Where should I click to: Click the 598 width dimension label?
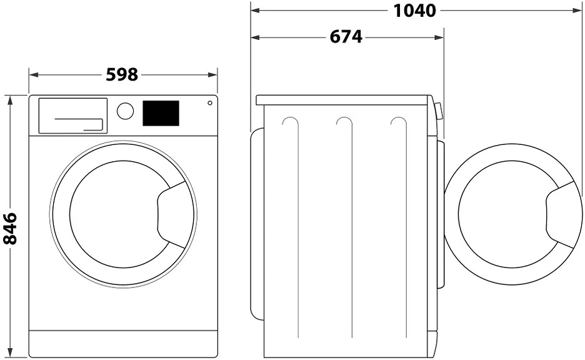[x=122, y=75]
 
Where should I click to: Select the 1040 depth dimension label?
[x=415, y=11]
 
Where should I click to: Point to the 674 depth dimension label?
[x=346, y=37]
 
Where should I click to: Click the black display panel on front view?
[x=161, y=113]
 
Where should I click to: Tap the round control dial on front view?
[x=126, y=111]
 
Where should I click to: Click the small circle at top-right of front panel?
[x=209, y=102]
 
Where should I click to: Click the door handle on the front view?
[x=170, y=214]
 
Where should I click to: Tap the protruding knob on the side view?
[x=439, y=111]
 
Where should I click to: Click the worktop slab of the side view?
[x=344, y=100]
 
